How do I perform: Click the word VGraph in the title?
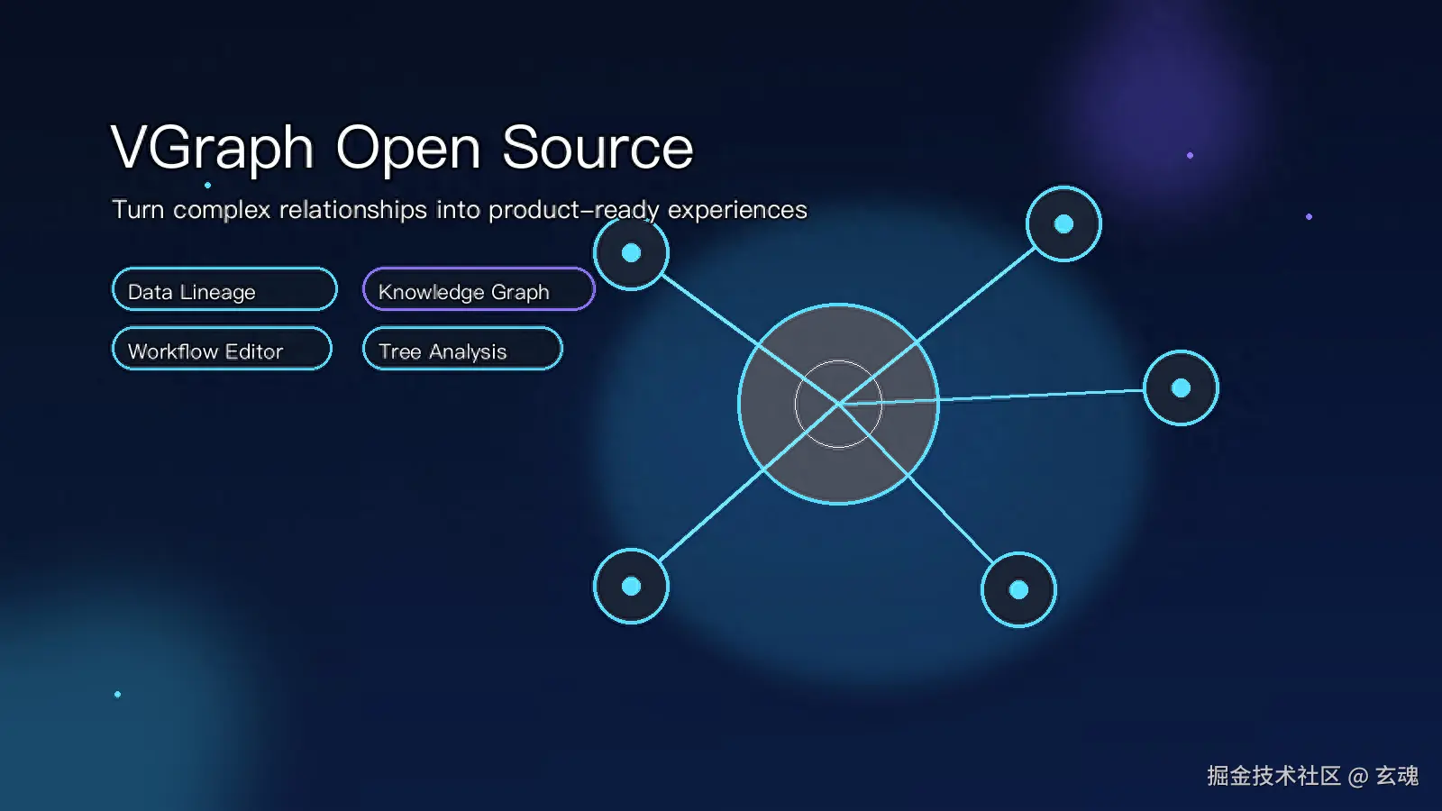(x=212, y=150)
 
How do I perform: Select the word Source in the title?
(x=598, y=148)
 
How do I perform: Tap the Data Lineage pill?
(x=224, y=289)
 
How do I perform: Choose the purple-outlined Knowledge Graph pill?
(x=479, y=289)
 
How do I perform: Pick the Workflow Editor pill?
(x=222, y=348)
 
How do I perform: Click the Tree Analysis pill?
(x=463, y=348)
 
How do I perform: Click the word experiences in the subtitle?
(x=737, y=210)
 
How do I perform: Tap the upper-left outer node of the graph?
(x=631, y=253)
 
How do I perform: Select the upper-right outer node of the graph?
(x=1063, y=224)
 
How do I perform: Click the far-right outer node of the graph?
(x=1181, y=388)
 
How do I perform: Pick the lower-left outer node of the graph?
(x=631, y=587)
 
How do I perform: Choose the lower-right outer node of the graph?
(x=1018, y=589)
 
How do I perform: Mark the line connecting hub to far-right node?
(x=991, y=397)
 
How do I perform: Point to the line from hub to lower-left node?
(x=749, y=483)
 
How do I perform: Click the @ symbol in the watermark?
(x=1357, y=777)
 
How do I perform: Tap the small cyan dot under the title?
(x=207, y=186)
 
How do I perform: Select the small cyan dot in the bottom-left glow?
(x=117, y=695)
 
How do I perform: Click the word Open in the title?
(x=408, y=150)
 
